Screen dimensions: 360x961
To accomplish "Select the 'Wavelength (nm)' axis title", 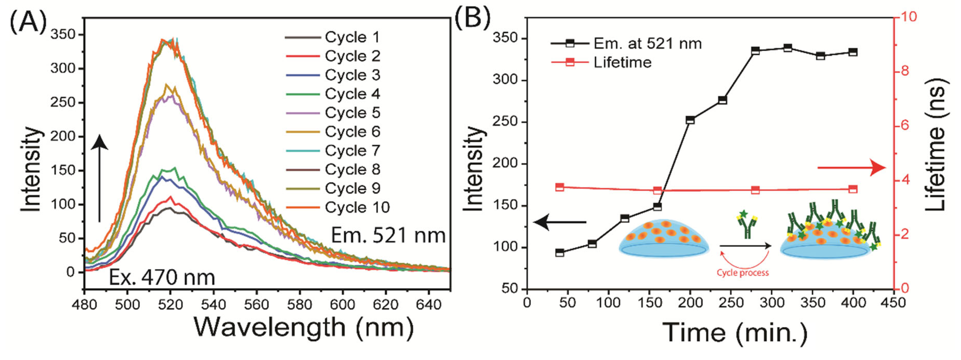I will coord(304,328).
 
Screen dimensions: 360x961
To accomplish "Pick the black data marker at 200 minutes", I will coord(690,120).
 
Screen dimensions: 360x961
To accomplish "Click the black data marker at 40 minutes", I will coord(560,253).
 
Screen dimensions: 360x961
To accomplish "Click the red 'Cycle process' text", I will coord(743,273).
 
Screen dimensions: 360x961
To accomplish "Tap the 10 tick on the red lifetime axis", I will coord(908,17).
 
